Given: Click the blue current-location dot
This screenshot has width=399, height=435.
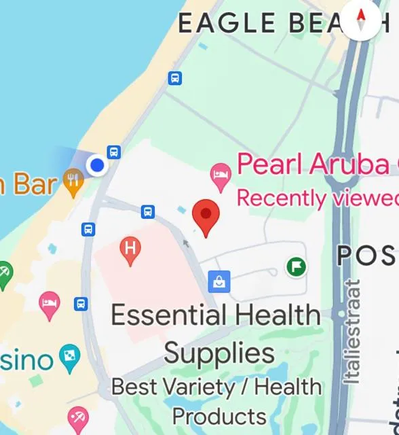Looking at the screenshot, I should pyautogui.click(x=98, y=165).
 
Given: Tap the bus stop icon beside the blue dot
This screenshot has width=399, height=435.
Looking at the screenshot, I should pyautogui.click(x=114, y=152).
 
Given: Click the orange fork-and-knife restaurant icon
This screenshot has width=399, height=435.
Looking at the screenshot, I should pyautogui.click(x=73, y=181).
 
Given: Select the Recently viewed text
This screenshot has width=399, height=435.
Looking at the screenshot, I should pyautogui.click(x=316, y=198).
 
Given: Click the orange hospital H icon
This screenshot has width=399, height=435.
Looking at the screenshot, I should pyautogui.click(x=130, y=249).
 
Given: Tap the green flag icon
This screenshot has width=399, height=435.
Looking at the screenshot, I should pyautogui.click(x=296, y=266).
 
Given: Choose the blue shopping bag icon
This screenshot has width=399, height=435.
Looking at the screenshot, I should pyautogui.click(x=220, y=279).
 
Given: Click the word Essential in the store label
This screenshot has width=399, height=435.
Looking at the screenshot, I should pyautogui.click(x=169, y=315).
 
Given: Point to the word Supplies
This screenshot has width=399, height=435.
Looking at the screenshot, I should pyautogui.click(x=219, y=353).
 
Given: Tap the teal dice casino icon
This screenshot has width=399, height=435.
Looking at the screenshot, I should pyautogui.click(x=69, y=355).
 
